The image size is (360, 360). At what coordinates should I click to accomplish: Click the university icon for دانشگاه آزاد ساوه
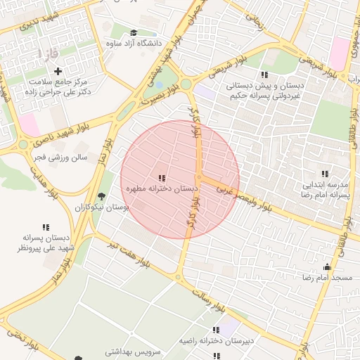[x=134, y=32]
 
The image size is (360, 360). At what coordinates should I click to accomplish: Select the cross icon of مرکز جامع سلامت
[x=58, y=71]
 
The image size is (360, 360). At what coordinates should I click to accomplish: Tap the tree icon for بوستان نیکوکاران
[x=102, y=196]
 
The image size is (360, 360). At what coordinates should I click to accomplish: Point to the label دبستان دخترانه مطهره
[x=161, y=190]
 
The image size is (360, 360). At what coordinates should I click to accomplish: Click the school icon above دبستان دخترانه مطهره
[x=162, y=179]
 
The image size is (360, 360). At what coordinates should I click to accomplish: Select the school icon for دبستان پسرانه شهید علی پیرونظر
[x=46, y=228]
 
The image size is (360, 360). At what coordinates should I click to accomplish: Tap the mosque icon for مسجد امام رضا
[x=326, y=267]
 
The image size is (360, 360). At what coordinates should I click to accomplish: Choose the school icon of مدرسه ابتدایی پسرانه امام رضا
[x=325, y=174]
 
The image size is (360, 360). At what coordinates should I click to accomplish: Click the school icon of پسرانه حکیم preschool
[x=264, y=75]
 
